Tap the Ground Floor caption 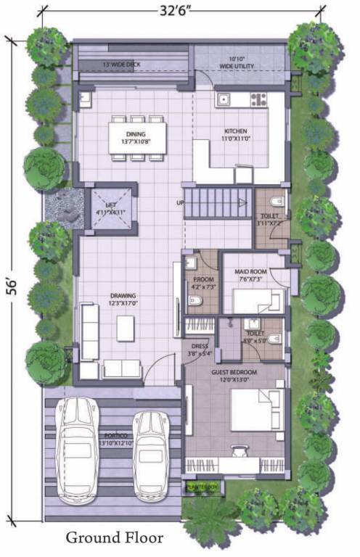tap(114, 538)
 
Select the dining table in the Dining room tap(136, 136)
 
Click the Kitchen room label tap(235, 132)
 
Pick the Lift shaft tap(110, 209)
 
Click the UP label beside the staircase tap(179, 202)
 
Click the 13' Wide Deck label tap(122, 65)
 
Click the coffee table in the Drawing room tap(126, 329)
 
